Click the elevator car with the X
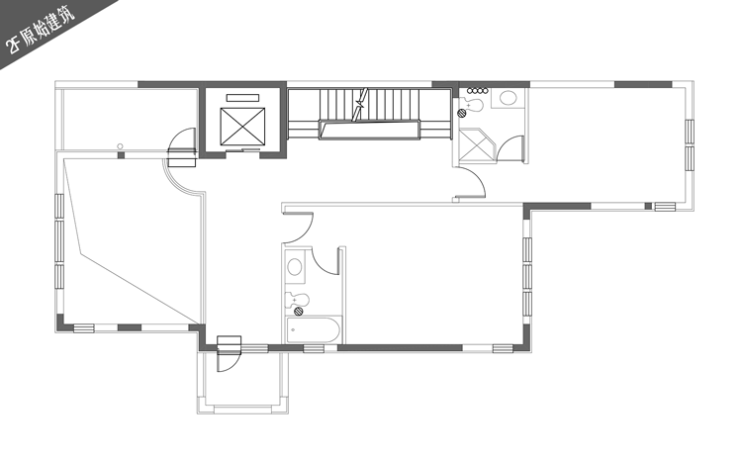tap(242, 127)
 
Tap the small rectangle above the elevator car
tap(242, 98)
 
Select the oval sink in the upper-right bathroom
tap(509, 98)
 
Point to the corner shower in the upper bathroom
tap(477, 144)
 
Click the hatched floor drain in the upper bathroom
tap(461, 113)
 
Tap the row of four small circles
tap(477, 90)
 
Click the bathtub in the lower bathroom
tap(314, 329)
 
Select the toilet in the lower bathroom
tap(297, 300)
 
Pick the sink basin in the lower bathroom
tap(295, 267)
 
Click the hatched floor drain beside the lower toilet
tap(299, 311)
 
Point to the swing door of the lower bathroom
tap(326, 261)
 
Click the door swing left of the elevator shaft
tap(182, 140)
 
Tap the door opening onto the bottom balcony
tap(229, 354)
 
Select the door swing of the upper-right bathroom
tap(510, 149)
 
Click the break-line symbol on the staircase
tap(360, 105)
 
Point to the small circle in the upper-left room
tap(120, 146)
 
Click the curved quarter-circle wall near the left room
tap(183, 178)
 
